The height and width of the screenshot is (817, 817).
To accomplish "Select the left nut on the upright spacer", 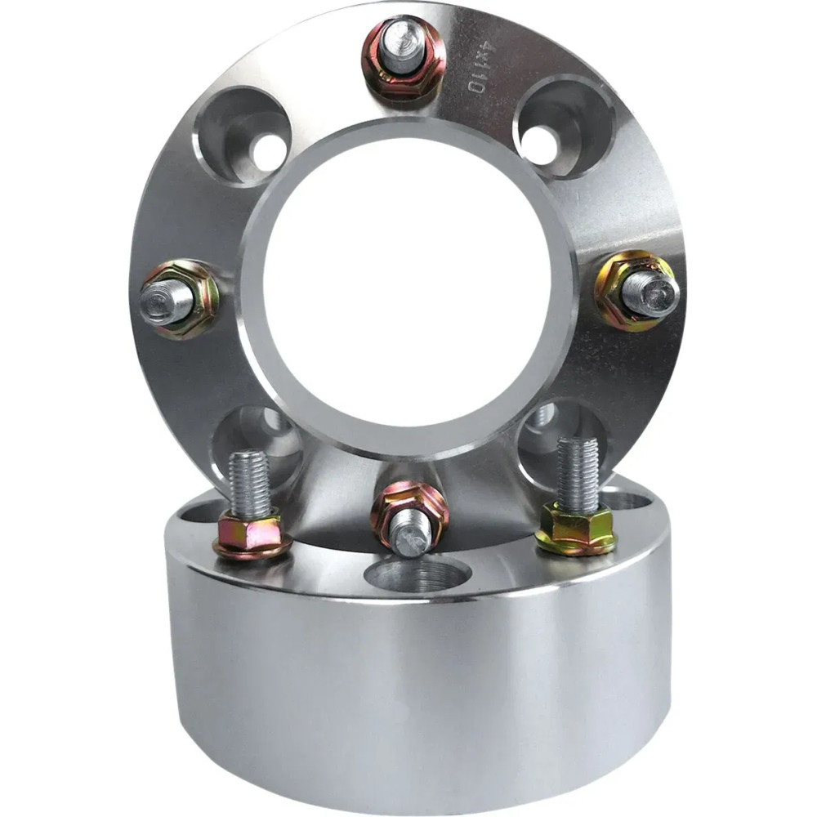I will (x=181, y=297).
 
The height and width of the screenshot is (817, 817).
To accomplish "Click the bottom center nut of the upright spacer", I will (x=409, y=515).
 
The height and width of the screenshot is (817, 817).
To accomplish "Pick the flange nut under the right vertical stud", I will (x=576, y=529).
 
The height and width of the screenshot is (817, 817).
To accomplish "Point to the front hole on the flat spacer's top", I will (x=417, y=576).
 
